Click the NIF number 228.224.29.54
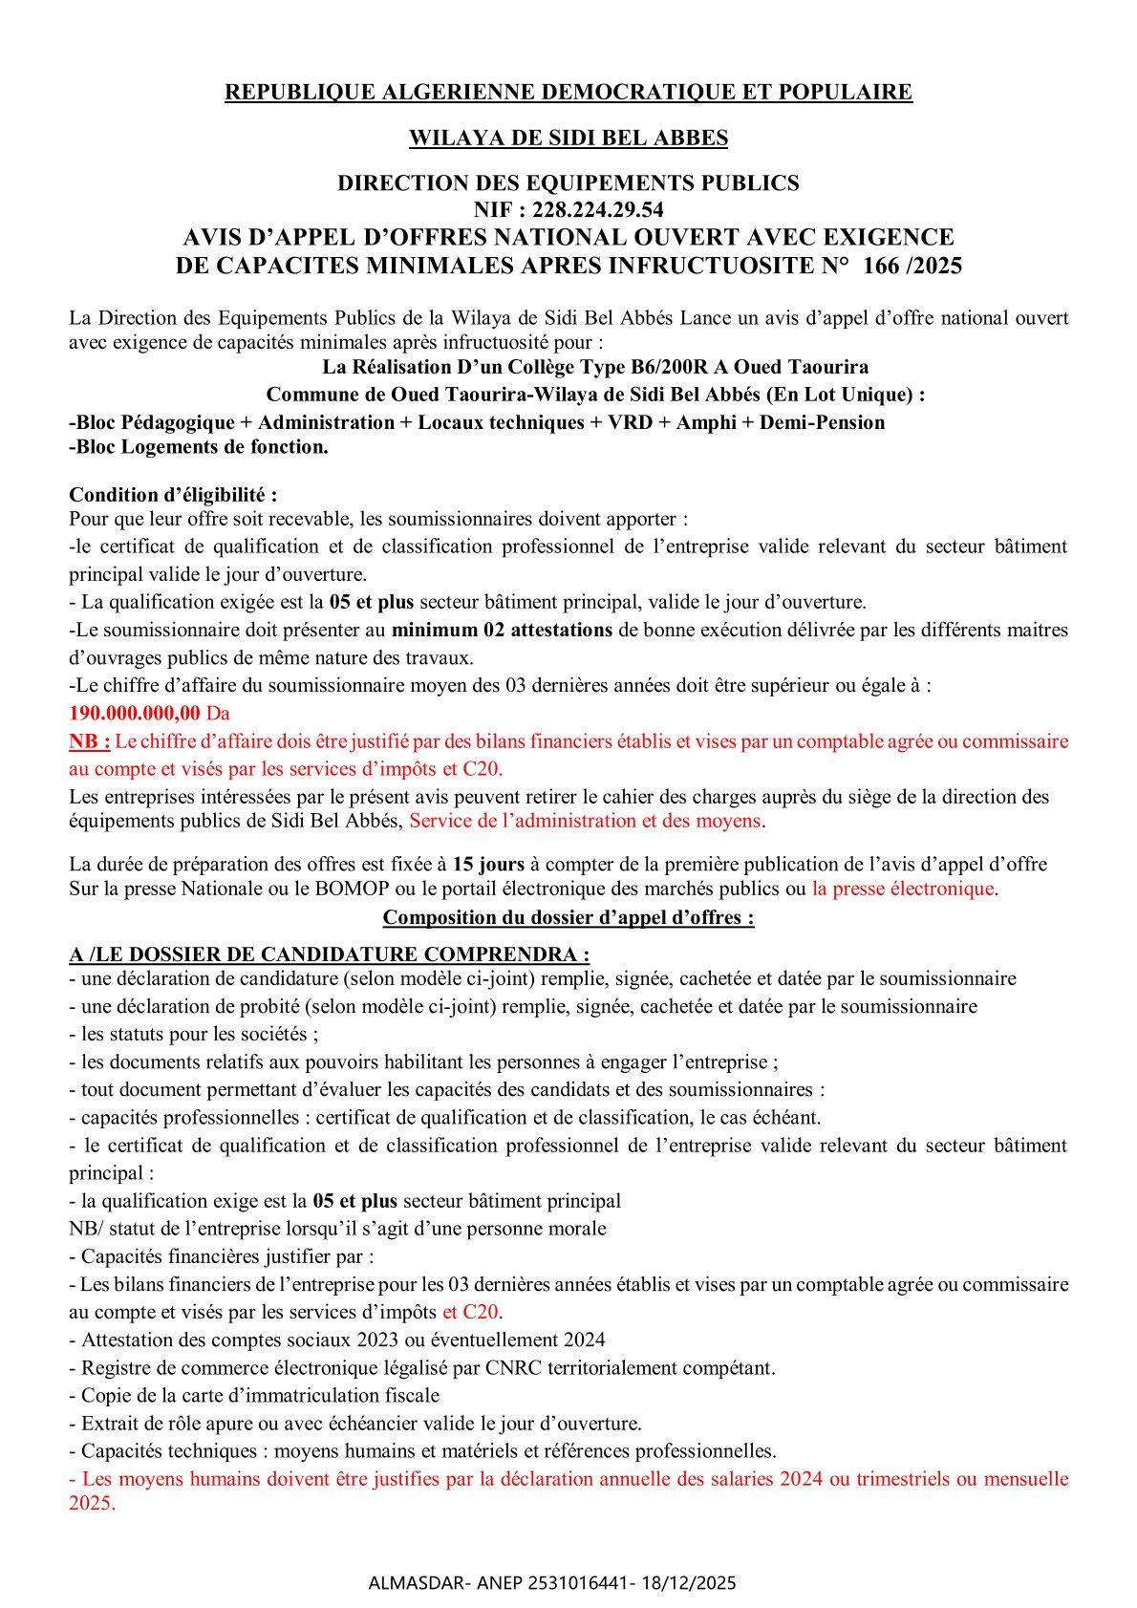597,210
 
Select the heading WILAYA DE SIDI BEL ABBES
568,139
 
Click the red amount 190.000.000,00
135,713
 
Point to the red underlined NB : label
90,741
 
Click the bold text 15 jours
488,865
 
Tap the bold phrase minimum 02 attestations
502,630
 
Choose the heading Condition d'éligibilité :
173,495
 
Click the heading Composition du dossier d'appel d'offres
568,917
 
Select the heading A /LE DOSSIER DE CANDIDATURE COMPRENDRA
329,954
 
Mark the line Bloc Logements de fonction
200,447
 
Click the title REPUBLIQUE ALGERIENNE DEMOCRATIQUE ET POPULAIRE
568,93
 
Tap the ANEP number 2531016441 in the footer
581,1583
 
